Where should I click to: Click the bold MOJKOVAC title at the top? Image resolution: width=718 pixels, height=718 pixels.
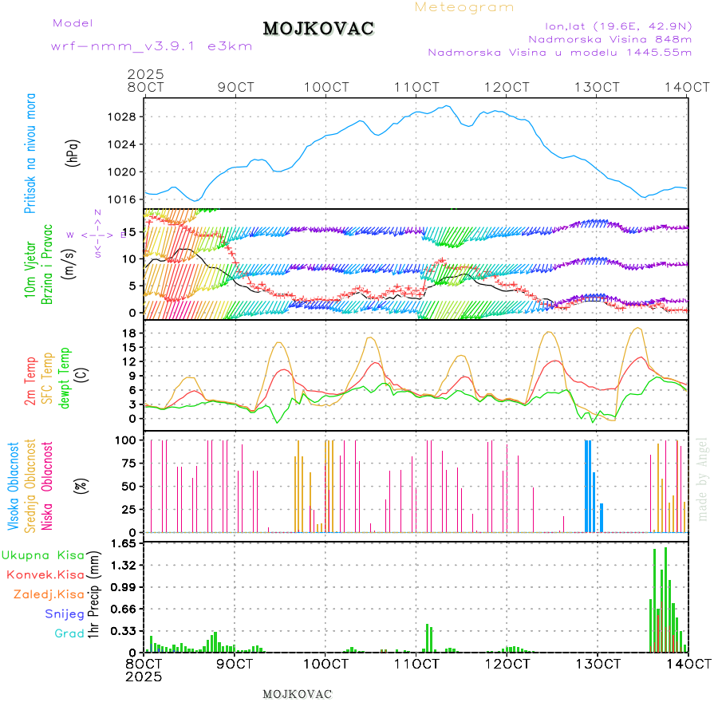(x=318, y=29)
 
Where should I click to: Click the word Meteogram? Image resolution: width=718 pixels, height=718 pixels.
(x=464, y=7)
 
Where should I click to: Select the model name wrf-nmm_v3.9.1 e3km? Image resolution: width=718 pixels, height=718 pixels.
(x=152, y=45)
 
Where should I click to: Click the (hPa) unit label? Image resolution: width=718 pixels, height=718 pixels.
(x=74, y=152)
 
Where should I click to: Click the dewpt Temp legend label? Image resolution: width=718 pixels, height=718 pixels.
(x=65, y=376)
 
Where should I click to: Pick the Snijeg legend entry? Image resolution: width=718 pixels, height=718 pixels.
(x=66, y=613)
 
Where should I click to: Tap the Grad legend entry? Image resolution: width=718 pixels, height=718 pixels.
(x=69, y=633)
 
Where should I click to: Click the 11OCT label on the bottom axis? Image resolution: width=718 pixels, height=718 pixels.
(x=419, y=664)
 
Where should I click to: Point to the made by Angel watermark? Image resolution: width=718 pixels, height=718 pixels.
(x=703, y=479)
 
